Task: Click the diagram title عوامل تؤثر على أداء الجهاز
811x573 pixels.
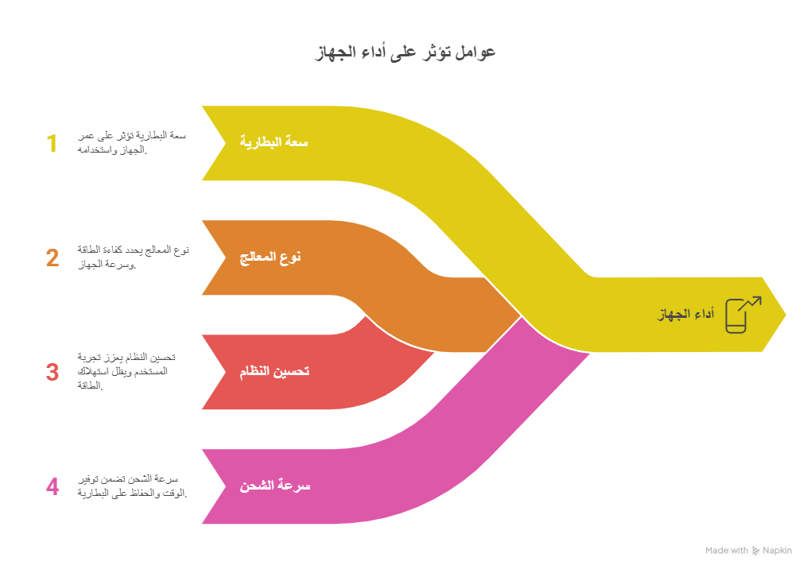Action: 405,52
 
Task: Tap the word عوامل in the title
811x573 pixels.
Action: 475,52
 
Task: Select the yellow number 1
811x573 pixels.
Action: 52,144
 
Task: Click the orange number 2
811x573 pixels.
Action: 52,258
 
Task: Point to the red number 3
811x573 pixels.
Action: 52,372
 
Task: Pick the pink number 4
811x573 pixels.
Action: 52,486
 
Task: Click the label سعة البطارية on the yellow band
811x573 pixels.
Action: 274,142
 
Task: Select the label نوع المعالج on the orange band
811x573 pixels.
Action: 271,257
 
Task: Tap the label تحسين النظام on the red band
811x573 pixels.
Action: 274,371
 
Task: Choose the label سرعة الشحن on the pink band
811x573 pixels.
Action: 275,486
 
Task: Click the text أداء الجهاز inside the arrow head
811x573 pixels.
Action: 685,315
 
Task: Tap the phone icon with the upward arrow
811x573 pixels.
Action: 741,314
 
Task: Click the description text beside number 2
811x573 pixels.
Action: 133,257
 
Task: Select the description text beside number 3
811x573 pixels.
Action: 127,372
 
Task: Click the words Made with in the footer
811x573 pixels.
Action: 726,551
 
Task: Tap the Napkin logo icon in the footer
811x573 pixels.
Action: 755,551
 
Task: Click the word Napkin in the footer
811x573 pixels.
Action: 778,551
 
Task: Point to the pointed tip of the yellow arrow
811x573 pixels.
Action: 786,315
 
